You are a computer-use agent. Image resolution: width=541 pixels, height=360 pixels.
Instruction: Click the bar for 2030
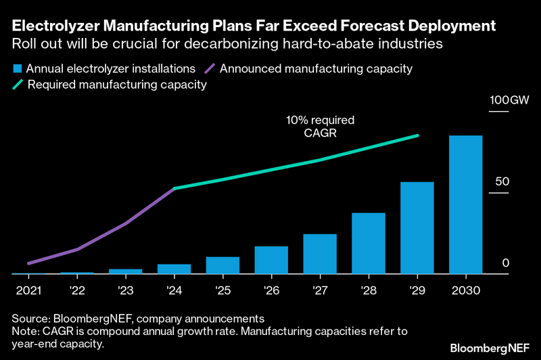click(465, 205)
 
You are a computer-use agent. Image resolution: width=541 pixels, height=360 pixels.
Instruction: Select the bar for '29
click(417, 228)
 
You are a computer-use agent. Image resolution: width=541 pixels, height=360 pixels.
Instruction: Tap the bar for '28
click(369, 244)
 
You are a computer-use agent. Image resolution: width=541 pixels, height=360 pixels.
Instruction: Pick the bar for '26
click(271, 260)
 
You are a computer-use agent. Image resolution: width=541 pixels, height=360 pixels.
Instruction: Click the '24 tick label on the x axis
click(174, 290)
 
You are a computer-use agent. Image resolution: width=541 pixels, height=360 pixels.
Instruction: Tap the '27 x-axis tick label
click(320, 290)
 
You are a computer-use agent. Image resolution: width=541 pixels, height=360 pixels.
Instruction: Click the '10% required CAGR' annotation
click(311, 127)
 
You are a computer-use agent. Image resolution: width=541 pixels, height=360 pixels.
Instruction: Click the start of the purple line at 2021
click(28, 263)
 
